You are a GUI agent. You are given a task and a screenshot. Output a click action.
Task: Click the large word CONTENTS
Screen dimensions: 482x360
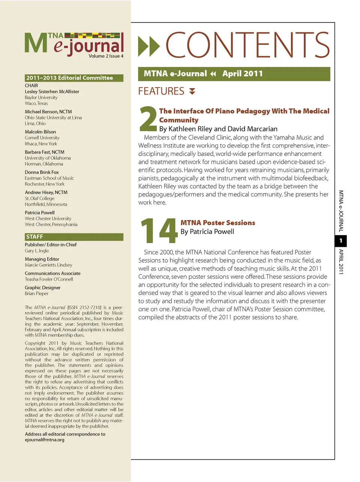tap(247, 45)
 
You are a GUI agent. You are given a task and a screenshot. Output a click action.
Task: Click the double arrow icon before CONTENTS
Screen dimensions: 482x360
tap(149, 46)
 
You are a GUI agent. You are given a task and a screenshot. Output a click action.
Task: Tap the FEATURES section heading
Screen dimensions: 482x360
tap(161, 91)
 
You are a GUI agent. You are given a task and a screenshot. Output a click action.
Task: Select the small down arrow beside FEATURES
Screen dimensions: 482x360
tap(192, 91)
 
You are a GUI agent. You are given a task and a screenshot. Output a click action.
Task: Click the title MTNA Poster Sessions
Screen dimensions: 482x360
tap(217, 223)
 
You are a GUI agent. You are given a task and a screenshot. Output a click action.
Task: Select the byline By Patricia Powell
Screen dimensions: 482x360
tap(207, 232)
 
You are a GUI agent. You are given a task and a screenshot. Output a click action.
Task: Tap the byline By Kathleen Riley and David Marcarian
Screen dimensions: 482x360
tap(218, 129)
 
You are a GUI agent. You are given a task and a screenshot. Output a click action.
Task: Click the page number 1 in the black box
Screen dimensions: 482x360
tap(340, 241)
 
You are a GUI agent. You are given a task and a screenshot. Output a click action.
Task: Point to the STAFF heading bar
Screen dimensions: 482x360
tap(74, 237)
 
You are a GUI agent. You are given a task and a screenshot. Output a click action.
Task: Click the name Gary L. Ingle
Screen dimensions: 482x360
tap(37, 251)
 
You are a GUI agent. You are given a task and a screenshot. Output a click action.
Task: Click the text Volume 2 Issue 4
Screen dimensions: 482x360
tap(106, 56)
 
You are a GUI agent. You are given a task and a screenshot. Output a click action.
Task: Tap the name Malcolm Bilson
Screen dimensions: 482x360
tap(40, 132)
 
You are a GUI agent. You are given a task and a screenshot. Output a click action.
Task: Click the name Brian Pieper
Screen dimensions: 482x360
tap(37, 293)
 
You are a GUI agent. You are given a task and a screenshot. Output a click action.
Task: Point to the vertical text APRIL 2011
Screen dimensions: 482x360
tap(341, 261)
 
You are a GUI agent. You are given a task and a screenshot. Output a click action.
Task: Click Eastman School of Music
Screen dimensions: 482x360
tap(49, 178)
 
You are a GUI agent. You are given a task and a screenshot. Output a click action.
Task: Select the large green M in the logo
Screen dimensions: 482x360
tap(36, 43)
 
